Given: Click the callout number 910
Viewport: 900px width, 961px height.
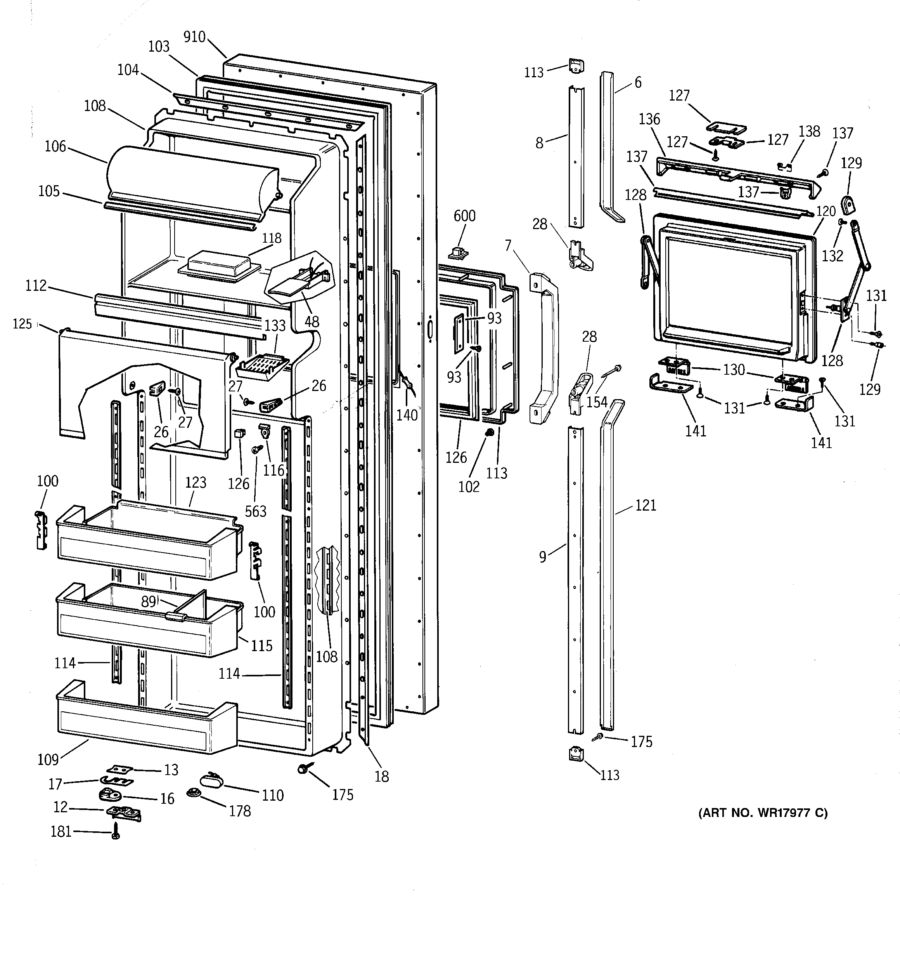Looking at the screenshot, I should (x=195, y=37).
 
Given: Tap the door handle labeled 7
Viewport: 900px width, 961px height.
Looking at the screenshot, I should (x=544, y=348).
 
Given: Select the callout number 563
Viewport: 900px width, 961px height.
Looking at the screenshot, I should (x=255, y=511).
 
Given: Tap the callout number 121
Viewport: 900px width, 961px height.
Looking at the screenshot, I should (x=646, y=505).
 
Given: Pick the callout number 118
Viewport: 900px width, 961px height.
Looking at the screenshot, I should (x=272, y=238).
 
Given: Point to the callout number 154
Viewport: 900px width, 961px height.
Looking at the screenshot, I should (x=597, y=401).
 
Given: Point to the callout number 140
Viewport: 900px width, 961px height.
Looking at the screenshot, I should (x=407, y=415).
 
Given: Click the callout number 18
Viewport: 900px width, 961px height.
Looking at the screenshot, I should (x=382, y=776).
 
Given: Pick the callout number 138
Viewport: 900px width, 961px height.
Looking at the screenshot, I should (x=809, y=132).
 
